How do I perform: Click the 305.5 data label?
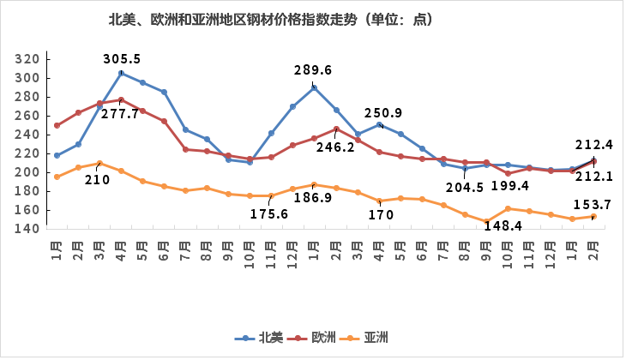point(122,59)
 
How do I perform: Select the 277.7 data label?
point(119,113)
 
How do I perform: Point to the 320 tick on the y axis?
point(28,59)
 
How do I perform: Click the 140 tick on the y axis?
point(28,229)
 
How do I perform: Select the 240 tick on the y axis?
point(28,135)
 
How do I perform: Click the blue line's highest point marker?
point(121,73)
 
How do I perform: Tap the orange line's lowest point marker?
point(486,221)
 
